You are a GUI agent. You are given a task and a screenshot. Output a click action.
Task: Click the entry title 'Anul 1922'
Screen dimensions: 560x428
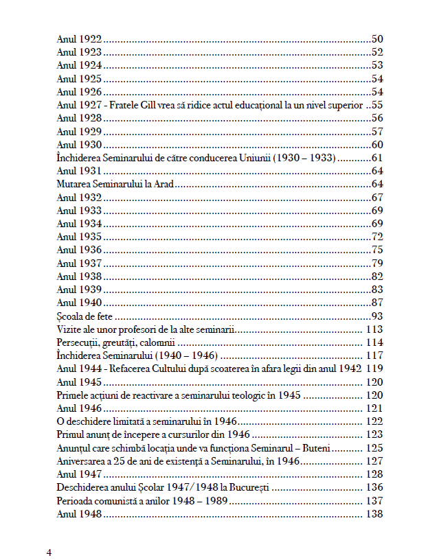click(79, 39)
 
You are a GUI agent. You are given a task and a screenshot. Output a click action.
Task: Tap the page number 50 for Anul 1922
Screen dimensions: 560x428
click(376, 39)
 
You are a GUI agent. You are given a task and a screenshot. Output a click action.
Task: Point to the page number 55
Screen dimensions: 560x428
click(376, 106)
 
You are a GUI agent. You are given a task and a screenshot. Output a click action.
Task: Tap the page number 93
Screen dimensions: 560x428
click(376, 316)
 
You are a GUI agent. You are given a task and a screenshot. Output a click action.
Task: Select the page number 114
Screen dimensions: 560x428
click(374, 342)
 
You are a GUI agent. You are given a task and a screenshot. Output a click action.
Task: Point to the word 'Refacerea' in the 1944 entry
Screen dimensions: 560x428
click(116, 369)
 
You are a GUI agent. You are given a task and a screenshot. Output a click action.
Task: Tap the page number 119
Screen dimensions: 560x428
click(374, 369)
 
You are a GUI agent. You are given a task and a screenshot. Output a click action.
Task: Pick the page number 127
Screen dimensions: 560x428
click(374, 461)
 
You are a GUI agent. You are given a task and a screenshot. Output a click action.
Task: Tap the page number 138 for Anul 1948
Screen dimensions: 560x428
click(374, 514)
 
